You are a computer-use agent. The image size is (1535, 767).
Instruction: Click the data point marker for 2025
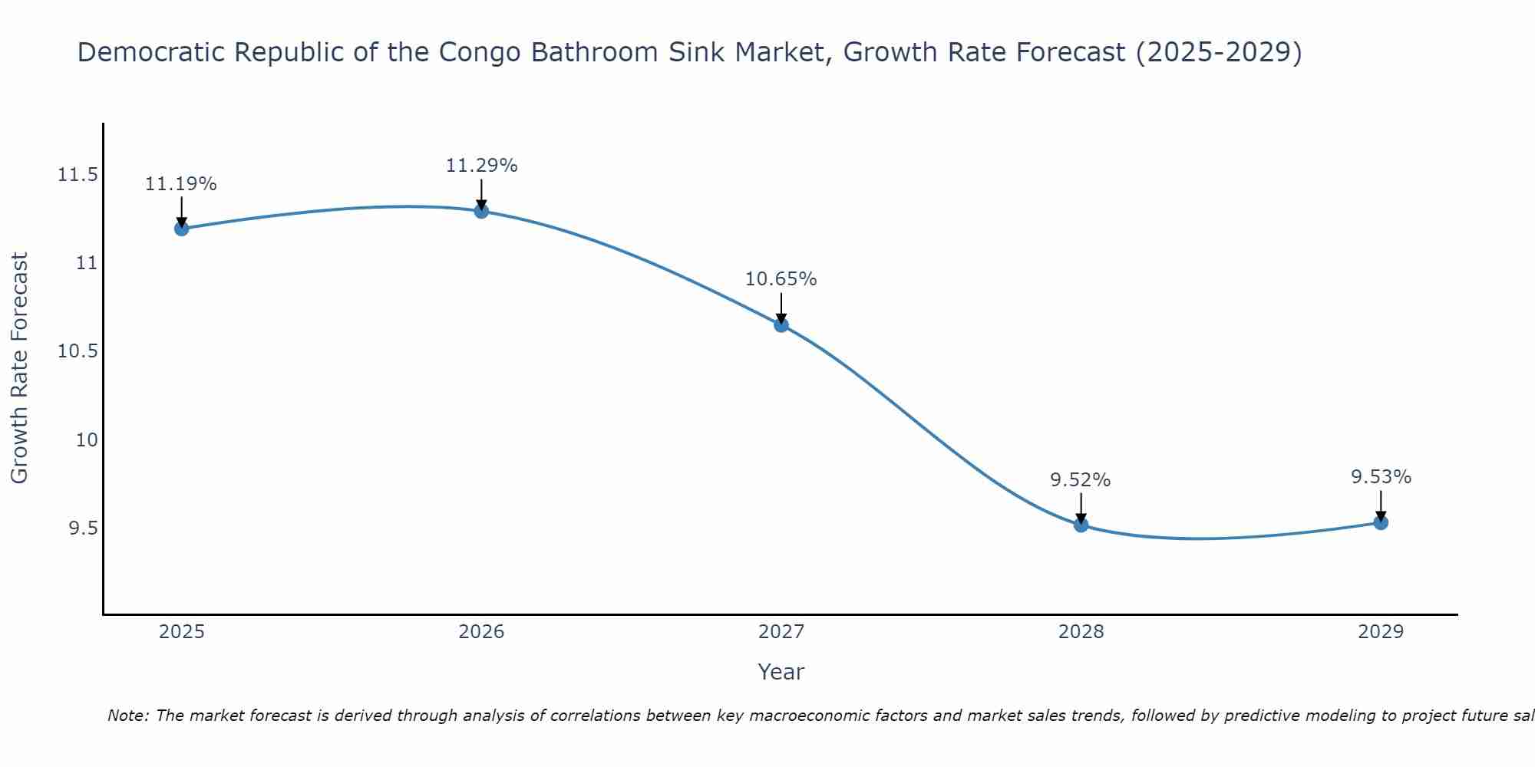(181, 229)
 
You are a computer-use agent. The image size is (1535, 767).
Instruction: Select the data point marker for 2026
(481, 211)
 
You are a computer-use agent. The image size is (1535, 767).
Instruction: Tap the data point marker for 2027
(781, 325)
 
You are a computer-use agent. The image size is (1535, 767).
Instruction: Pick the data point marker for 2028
(1081, 525)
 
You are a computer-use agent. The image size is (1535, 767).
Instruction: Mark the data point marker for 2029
(1381, 523)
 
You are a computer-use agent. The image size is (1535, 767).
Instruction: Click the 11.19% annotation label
(181, 184)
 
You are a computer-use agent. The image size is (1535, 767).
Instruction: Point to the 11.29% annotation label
(481, 166)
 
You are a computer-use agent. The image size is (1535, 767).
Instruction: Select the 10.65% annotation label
(781, 279)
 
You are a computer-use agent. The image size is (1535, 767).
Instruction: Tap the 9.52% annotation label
(1081, 480)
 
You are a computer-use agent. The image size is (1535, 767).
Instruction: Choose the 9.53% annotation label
(1381, 477)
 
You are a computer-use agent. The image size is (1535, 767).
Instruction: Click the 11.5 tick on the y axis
(78, 175)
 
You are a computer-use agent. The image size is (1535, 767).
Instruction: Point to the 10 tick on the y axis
(87, 440)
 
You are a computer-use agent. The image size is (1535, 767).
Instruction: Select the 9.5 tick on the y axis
(82, 528)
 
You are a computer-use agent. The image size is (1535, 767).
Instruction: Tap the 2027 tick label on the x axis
(781, 632)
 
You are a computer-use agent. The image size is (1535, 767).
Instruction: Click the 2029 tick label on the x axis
(1381, 632)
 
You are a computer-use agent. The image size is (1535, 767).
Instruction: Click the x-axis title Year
(781, 672)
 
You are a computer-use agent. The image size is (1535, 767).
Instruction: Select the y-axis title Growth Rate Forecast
(19, 368)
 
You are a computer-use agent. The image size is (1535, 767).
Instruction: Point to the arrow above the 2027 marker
(781, 308)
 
